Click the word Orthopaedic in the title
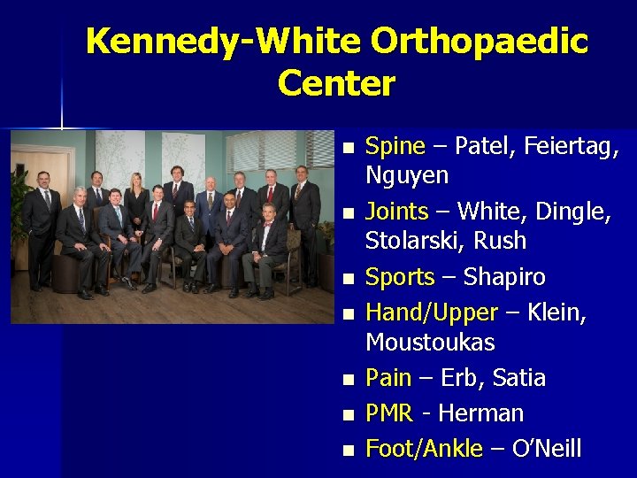pos(480,42)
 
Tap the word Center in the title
pos(336,84)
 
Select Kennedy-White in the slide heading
pos(223,42)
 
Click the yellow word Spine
pos(395,146)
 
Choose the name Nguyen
pos(407,175)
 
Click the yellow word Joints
pos(396,212)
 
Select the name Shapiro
pos(504,277)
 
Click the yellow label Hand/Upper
pos(431,312)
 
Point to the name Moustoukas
pos(430,342)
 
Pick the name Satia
pos(518,378)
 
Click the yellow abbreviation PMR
pos(389,413)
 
